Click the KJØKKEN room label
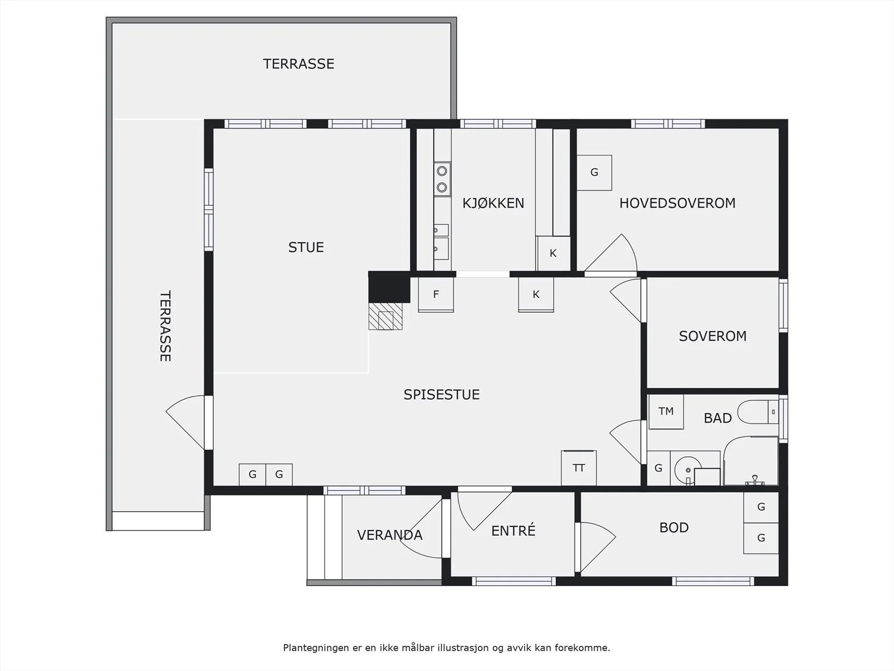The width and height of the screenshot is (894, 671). [x=493, y=203]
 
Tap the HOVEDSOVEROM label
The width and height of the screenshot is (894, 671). [x=677, y=203]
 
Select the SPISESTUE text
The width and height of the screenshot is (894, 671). [x=441, y=394]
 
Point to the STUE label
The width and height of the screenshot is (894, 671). [x=306, y=247]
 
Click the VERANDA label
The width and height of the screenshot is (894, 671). [x=390, y=535]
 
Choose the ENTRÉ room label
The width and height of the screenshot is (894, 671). [x=513, y=530]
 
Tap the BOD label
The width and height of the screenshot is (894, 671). [x=674, y=528]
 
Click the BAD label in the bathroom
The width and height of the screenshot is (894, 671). [x=717, y=418]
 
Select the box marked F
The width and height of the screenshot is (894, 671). [x=436, y=295]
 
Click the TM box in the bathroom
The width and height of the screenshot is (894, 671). [x=666, y=412]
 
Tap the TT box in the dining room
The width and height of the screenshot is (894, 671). [x=579, y=468]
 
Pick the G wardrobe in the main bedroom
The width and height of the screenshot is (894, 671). [x=595, y=172]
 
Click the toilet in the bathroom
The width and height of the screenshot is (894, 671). [x=758, y=412]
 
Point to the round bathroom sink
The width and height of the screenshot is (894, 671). [x=687, y=469]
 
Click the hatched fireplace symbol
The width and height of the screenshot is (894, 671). [x=386, y=316]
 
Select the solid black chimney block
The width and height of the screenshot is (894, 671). [x=389, y=287]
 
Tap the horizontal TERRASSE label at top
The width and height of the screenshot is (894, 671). [x=298, y=64]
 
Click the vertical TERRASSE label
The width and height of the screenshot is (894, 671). [x=165, y=326]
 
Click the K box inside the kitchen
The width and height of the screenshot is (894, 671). [x=553, y=253]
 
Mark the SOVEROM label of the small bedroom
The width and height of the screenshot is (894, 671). [x=713, y=336]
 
